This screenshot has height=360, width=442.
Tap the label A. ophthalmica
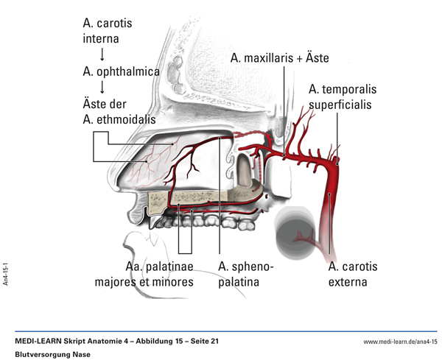click(122, 72)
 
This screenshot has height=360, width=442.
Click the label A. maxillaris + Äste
click(279, 57)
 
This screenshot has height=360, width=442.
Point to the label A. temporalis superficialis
click(342, 96)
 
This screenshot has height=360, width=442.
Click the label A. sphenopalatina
click(246, 273)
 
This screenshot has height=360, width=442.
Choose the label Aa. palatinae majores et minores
click(144, 273)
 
